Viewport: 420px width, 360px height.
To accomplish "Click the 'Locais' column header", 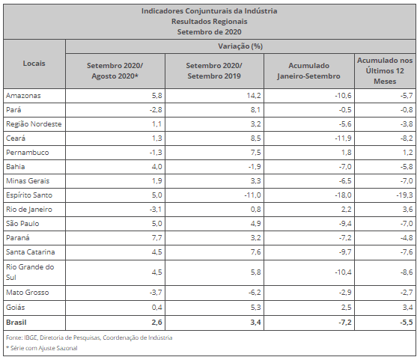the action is pyautogui.click(x=34, y=64).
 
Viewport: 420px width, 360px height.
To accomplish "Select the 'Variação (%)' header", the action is pyautogui.click(x=240, y=46).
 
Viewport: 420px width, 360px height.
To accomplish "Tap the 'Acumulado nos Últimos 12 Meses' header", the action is pyautogui.click(x=385, y=71).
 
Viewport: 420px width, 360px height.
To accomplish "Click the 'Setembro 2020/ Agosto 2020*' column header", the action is pyautogui.click(x=115, y=71).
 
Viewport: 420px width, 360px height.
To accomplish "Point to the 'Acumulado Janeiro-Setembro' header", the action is pyautogui.click(x=309, y=71).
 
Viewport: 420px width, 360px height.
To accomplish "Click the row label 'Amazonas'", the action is pyautogui.click(x=23, y=96).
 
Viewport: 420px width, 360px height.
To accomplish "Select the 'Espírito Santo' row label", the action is pyautogui.click(x=29, y=195).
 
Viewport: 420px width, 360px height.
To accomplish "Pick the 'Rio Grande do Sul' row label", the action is pyautogui.click(x=30, y=272).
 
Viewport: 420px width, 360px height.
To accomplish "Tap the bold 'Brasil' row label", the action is pyautogui.click(x=16, y=323).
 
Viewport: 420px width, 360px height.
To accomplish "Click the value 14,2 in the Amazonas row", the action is pyautogui.click(x=254, y=96).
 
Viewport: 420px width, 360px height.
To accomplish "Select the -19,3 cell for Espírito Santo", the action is pyautogui.click(x=405, y=195).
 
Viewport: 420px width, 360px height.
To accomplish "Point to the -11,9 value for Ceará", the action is pyautogui.click(x=343, y=138).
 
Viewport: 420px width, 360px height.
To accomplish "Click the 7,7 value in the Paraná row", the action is pyautogui.click(x=157, y=238).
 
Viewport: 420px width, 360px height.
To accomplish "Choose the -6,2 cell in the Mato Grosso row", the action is pyautogui.click(x=252, y=293).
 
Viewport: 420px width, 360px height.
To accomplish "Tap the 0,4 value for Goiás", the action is pyautogui.click(x=157, y=308).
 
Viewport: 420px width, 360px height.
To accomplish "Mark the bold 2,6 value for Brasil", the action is pyautogui.click(x=156, y=323).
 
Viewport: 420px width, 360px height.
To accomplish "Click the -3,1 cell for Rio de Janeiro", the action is pyautogui.click(x=156, y=210).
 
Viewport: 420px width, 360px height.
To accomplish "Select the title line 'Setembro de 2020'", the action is pyautogui.click(x=209, y=32).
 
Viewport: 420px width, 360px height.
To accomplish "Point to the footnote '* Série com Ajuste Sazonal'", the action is pyautogui.click(x=41, y=348).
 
